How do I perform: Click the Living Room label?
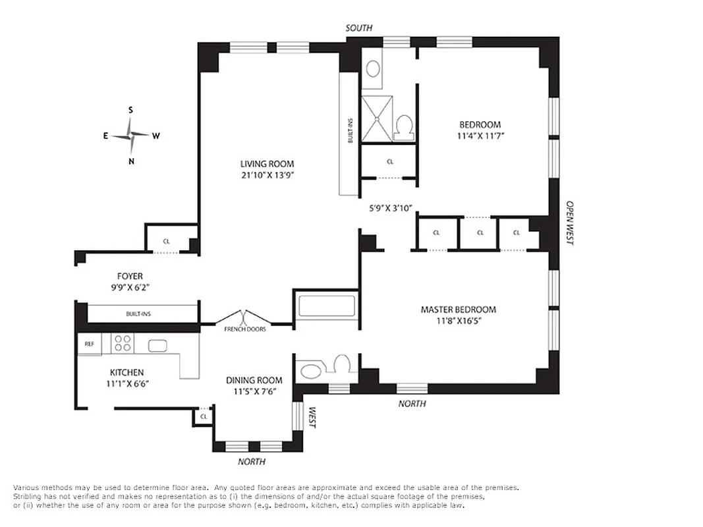[267, 164]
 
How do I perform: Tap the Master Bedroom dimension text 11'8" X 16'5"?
[459, 321]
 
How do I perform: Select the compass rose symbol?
[131, 136]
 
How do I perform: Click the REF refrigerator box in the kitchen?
[89, 344]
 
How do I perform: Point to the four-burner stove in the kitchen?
[123, 343]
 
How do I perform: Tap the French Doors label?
[245, 329]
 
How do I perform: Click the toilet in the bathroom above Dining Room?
[341, 364]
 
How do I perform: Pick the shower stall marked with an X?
[377, 119]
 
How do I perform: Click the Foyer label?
[130, 277]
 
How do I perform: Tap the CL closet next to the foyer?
[167, 241]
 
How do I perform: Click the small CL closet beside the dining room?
[204, 416]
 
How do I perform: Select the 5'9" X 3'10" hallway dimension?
[390, 208]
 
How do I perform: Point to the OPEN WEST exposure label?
[570, 223]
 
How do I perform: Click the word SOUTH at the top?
[359, 28]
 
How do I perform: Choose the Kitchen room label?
[127, 372]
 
